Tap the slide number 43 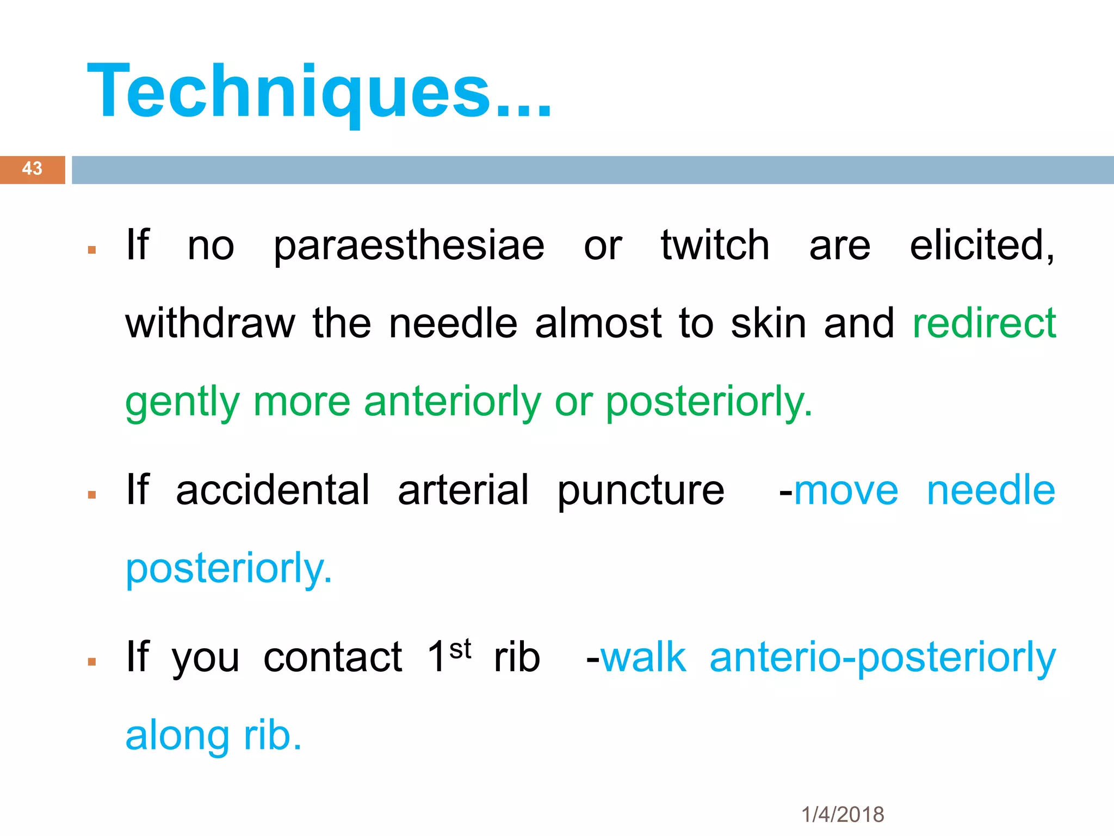(x=32, y=169)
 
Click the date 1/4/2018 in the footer (x=843, y=815)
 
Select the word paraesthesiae (x=409, y=246)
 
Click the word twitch (x=715, y=245)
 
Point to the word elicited (x=981, y=245)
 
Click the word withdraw (x=210, y=323)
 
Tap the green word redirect (x=984, y=323)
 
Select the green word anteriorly (x=453, y=402)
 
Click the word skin (x=768, y=323)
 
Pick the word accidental (x=273, y=490)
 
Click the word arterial (x=463, y=490)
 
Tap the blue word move (x=846, y=491)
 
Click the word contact (x=333, y=657)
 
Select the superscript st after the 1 (x=460, y=649)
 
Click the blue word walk (x=643, y=657)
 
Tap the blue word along (x=177, y=736)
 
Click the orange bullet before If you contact (x=92, y=662)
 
